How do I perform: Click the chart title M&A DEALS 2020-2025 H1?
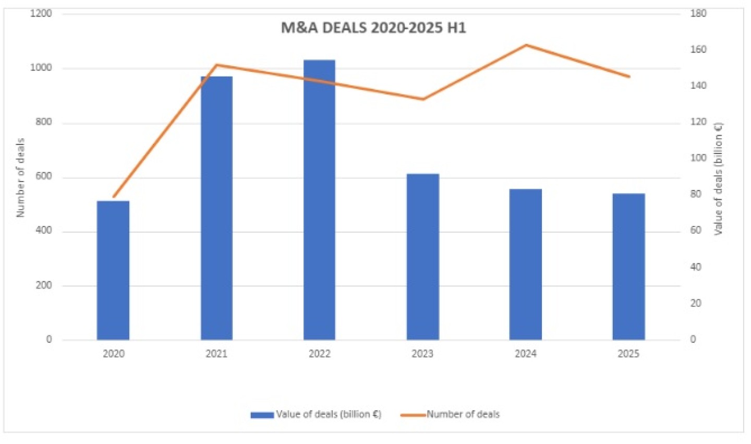373,28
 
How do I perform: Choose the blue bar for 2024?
525,264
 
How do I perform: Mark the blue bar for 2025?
628,267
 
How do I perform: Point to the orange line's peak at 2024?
526,45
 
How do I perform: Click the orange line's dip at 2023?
423,99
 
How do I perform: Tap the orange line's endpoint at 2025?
629,77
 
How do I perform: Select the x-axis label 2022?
319,354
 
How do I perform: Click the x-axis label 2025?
628,354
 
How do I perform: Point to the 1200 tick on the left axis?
41,14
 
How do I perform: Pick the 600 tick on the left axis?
44,176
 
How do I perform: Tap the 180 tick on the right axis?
698,14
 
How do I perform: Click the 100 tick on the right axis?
698,158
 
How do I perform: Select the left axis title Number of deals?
20,177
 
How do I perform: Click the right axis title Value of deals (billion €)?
719,178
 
